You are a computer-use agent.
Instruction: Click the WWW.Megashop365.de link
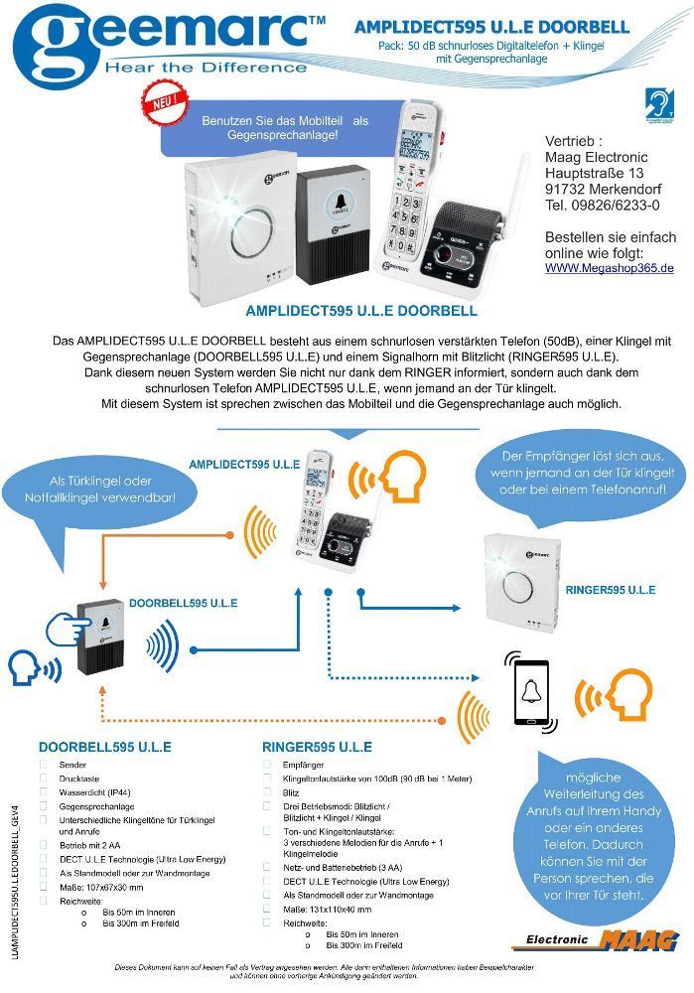(610, 268)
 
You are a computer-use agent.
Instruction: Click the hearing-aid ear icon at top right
(657, 102)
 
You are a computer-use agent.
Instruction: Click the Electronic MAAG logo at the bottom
(595, 939)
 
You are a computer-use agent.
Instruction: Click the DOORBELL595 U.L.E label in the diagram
(184, 603)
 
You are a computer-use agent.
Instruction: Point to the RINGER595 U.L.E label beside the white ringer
(610, 590)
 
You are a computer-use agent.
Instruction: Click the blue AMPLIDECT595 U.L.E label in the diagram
(244, 464)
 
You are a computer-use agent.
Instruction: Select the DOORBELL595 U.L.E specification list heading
(105, 747)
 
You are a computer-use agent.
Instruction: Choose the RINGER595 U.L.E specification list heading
(318, 747)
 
